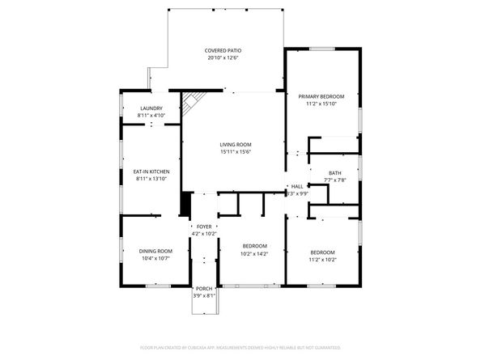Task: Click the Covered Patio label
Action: pos(223,50)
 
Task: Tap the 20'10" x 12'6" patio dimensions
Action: pos(223,58)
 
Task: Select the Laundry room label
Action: pos(151,108)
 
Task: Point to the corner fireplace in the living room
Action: pos(191,103)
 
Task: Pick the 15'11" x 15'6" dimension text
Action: pos(236,152)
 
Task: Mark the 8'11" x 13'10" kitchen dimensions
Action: pos(151,179)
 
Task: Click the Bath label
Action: pos(335,172)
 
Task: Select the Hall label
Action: pos(297,186)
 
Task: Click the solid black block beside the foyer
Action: pos(185,203)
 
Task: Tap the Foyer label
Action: pos(204,227)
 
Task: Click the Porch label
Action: pos(202,288)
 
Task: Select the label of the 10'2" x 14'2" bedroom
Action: pos(255,245)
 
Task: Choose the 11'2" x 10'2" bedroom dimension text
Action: pos(322,259)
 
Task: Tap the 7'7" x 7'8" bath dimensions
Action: pos(335,180)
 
